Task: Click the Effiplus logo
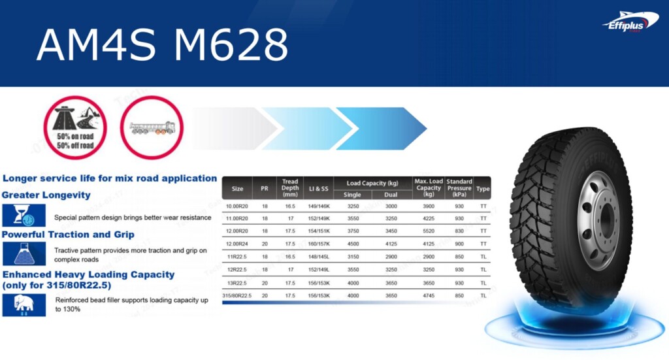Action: (626, 22)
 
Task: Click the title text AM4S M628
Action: (162, 44)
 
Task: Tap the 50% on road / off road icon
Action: (75, 128)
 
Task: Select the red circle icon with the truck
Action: (152, 128)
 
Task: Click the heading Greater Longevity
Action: (46, 195)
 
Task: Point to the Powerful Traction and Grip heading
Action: (68, 234)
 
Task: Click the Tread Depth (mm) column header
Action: (290, 188)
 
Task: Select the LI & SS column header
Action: (318, 188)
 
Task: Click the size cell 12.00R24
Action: (237, 244)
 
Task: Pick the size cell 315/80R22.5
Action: (237, 295)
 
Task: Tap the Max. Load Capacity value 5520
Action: (429, 231)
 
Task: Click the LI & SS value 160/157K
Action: (318, 244)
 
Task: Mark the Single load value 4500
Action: (353, 244)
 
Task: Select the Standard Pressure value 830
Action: (459, 231)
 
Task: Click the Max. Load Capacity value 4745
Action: (429, 295)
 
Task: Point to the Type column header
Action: (483, 188)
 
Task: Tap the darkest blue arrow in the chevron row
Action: (380, 123)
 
